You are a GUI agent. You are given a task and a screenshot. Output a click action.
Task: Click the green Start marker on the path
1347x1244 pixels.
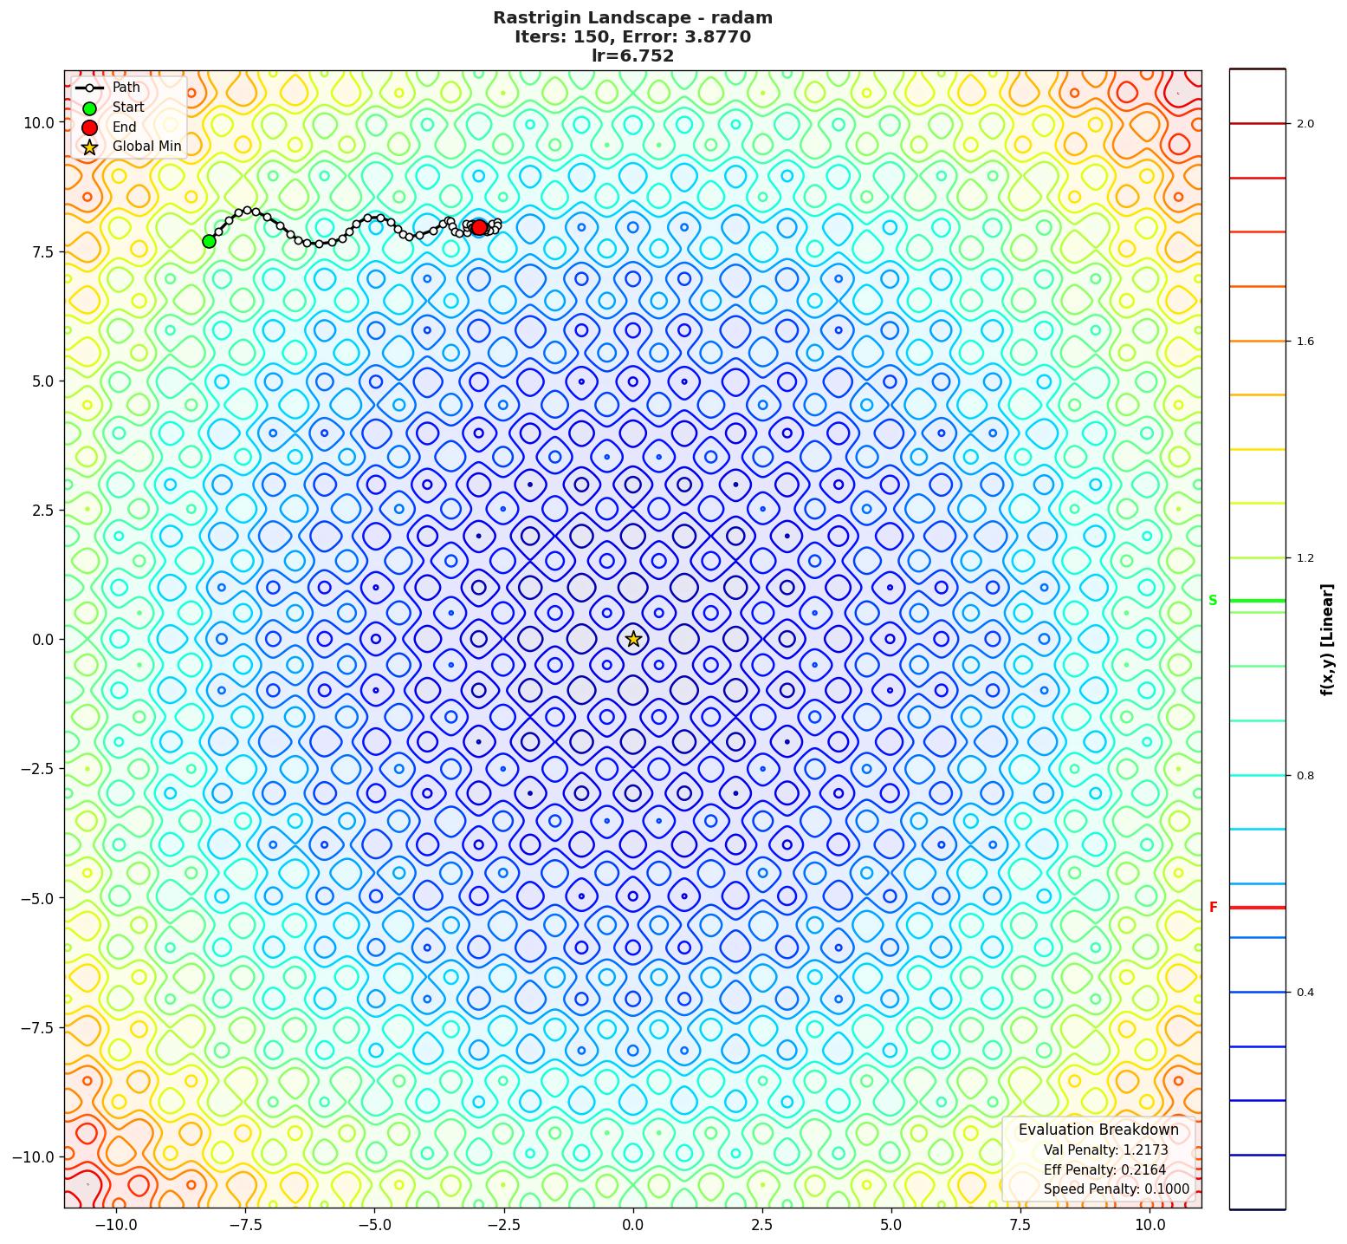(x=209, y=241)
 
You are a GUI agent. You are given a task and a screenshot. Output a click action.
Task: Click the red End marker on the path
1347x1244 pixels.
(x=479, y=227)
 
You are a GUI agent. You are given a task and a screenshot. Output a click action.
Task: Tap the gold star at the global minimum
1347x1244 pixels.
(x=633, y=639)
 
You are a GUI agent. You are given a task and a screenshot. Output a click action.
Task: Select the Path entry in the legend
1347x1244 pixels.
(x=126, y=88)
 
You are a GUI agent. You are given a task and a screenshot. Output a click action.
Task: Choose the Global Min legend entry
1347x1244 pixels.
(x=146, y=147)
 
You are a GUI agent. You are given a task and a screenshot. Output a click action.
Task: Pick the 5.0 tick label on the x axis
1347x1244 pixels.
(x=891, y=1225)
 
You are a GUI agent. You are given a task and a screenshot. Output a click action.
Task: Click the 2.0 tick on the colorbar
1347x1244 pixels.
(x=1305, y=124)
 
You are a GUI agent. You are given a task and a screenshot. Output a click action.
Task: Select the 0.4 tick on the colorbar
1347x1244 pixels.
(x=1305, y=993)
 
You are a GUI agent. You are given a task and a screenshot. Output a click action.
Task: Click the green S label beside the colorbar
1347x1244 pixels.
(x=1213, y=601)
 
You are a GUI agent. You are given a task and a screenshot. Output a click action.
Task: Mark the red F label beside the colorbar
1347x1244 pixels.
(x=1213, y=908)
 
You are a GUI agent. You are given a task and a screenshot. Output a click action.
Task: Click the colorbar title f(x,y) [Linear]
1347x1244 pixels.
(x=1327, y=640)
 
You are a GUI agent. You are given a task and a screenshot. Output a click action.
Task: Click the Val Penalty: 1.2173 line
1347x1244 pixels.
(x=1105, y=1150)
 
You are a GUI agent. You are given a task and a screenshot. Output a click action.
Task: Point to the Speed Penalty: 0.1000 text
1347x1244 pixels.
(x=1116, y=1189)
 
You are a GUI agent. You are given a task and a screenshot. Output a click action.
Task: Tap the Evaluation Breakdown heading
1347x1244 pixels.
(x=1098, y=1130)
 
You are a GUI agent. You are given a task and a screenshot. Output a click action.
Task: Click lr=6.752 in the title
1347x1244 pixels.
(x=632, y=56)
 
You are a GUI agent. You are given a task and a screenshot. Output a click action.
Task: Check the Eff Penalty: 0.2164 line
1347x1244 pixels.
(x=1104, y=1170)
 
